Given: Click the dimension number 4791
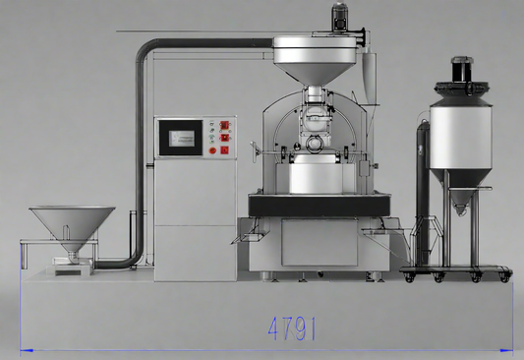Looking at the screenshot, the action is click(x=291, y=329).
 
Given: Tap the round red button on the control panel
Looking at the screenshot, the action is click(x=212, y=150).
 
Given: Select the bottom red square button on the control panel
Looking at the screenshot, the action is click(x=224, y=150).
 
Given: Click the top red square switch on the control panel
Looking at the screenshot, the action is click(x=224, y=125).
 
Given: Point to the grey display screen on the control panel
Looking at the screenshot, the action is click(x=182, y=139).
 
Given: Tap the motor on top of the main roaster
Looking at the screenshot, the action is click(x=340, y=17).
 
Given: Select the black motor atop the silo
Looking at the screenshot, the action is click(x=462, y=70).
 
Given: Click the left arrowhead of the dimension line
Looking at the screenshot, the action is click(x=27, y=350).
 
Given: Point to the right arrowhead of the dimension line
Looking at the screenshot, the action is click(x=506, y=350).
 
